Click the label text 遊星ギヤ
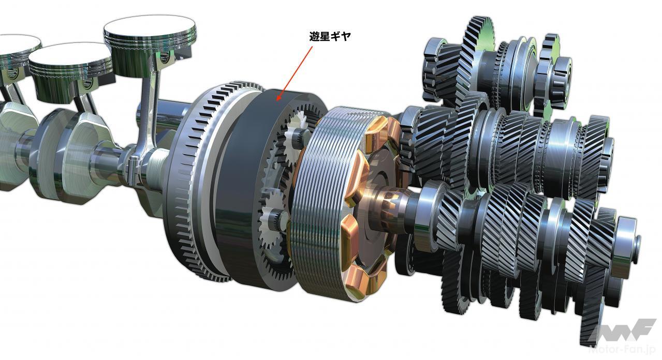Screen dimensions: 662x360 pyautogui.click(x=330, y=36)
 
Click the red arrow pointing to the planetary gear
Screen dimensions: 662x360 pyautogui.click(x=295, y=74)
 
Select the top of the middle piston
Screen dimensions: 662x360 pyautogui.click(x=70, y=55)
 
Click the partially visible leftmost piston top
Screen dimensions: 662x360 pyautogui.click(x=18, y=44)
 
